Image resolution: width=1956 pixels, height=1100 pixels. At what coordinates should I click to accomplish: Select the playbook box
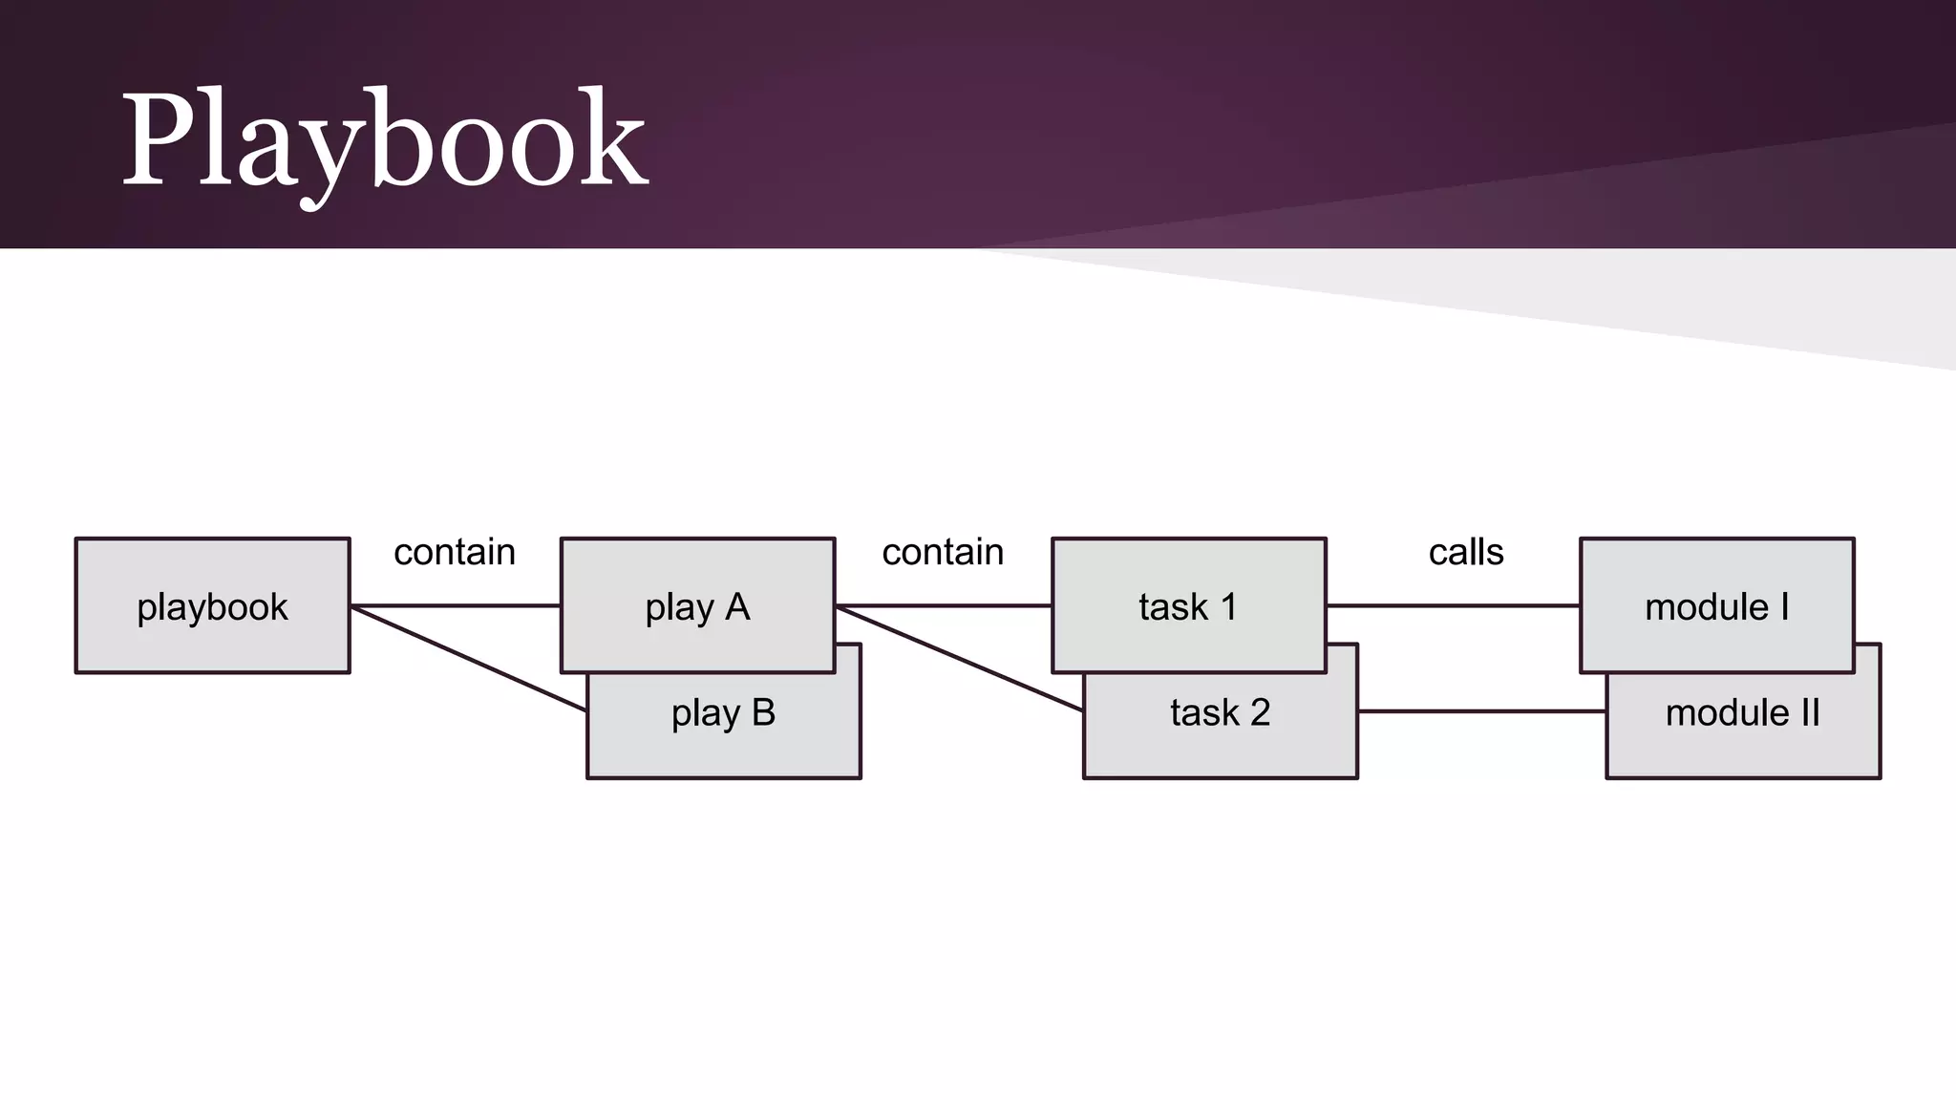point(212,606)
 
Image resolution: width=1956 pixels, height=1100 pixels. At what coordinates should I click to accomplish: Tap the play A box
point(697,606)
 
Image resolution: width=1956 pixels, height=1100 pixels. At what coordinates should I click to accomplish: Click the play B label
point(723,712)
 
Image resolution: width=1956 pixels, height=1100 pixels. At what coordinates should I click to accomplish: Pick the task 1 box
point(1188,606)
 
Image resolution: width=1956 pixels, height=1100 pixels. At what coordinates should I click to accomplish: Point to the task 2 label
point(1220,712)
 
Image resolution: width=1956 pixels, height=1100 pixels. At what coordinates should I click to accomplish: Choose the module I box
point(1716,606)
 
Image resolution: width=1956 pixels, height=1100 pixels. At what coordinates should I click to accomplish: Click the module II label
point(1742,712)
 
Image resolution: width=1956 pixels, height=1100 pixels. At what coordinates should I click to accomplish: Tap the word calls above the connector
point(1465,552)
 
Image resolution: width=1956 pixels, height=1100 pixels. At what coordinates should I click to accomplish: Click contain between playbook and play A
point(455,552)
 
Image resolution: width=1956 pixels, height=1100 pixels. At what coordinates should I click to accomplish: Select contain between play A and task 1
point(943,552)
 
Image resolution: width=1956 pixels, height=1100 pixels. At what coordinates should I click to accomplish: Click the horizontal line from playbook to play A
point(456,605)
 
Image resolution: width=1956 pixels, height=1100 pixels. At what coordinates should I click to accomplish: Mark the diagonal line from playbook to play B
point(468,658)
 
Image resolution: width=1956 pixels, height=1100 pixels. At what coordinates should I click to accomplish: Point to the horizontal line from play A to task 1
point(944,605)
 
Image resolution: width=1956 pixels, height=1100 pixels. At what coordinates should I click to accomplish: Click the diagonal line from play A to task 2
point(960,659)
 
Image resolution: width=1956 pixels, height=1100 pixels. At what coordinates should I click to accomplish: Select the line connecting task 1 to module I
point(1453,605)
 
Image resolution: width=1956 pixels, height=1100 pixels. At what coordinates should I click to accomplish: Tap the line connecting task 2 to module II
point(1481,711)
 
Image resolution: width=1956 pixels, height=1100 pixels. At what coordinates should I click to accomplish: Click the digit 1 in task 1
point(1228,606)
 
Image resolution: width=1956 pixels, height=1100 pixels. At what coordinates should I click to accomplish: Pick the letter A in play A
point(736,606)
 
